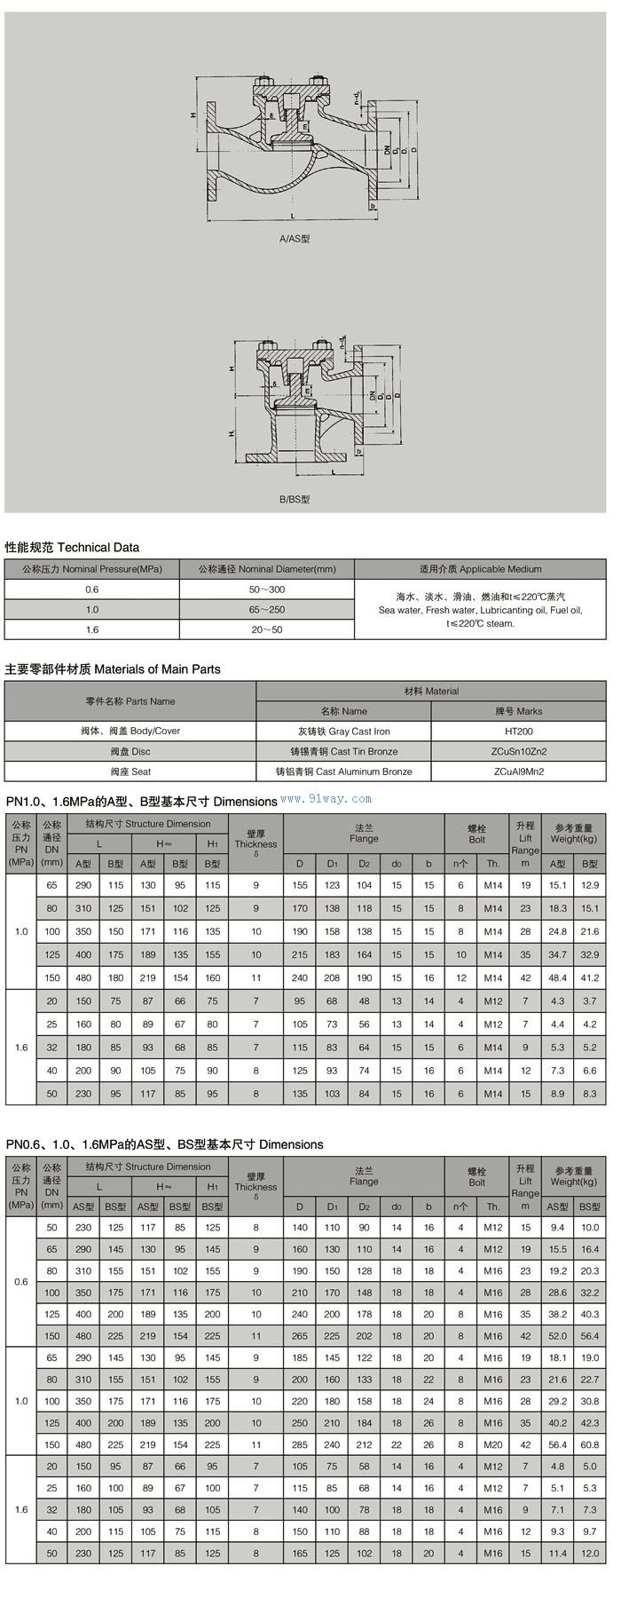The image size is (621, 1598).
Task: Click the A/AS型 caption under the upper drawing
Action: pos(295,239)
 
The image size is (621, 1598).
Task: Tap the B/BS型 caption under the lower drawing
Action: pos(295,499)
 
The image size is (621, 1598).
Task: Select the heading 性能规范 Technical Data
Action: pos(73,547)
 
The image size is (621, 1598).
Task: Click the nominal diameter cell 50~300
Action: pos(267,589)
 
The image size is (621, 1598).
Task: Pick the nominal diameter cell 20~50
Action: pos(267,629)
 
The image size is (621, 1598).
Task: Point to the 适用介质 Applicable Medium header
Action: pos(480,569)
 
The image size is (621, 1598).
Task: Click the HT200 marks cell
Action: pos(519,732)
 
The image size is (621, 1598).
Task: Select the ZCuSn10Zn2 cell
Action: pos(519,752)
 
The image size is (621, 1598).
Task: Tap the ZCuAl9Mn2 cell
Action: pos(519,771)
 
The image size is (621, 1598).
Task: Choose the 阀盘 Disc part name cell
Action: pos(130,752)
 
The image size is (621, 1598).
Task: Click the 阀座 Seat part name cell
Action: pos(130,771)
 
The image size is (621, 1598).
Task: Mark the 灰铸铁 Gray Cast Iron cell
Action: pos(344,732)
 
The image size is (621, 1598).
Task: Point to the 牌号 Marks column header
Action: pos(519,711)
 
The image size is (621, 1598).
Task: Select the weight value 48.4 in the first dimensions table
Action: pos(557,977)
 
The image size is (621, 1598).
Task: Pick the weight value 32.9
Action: pos(590,954)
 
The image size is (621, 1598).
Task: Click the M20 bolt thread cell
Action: pos(493,1444)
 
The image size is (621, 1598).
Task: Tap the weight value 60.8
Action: pos(590,1444)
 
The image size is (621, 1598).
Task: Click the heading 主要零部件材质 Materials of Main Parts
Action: pos(113,668)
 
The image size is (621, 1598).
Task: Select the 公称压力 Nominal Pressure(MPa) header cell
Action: pos(92,569)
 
